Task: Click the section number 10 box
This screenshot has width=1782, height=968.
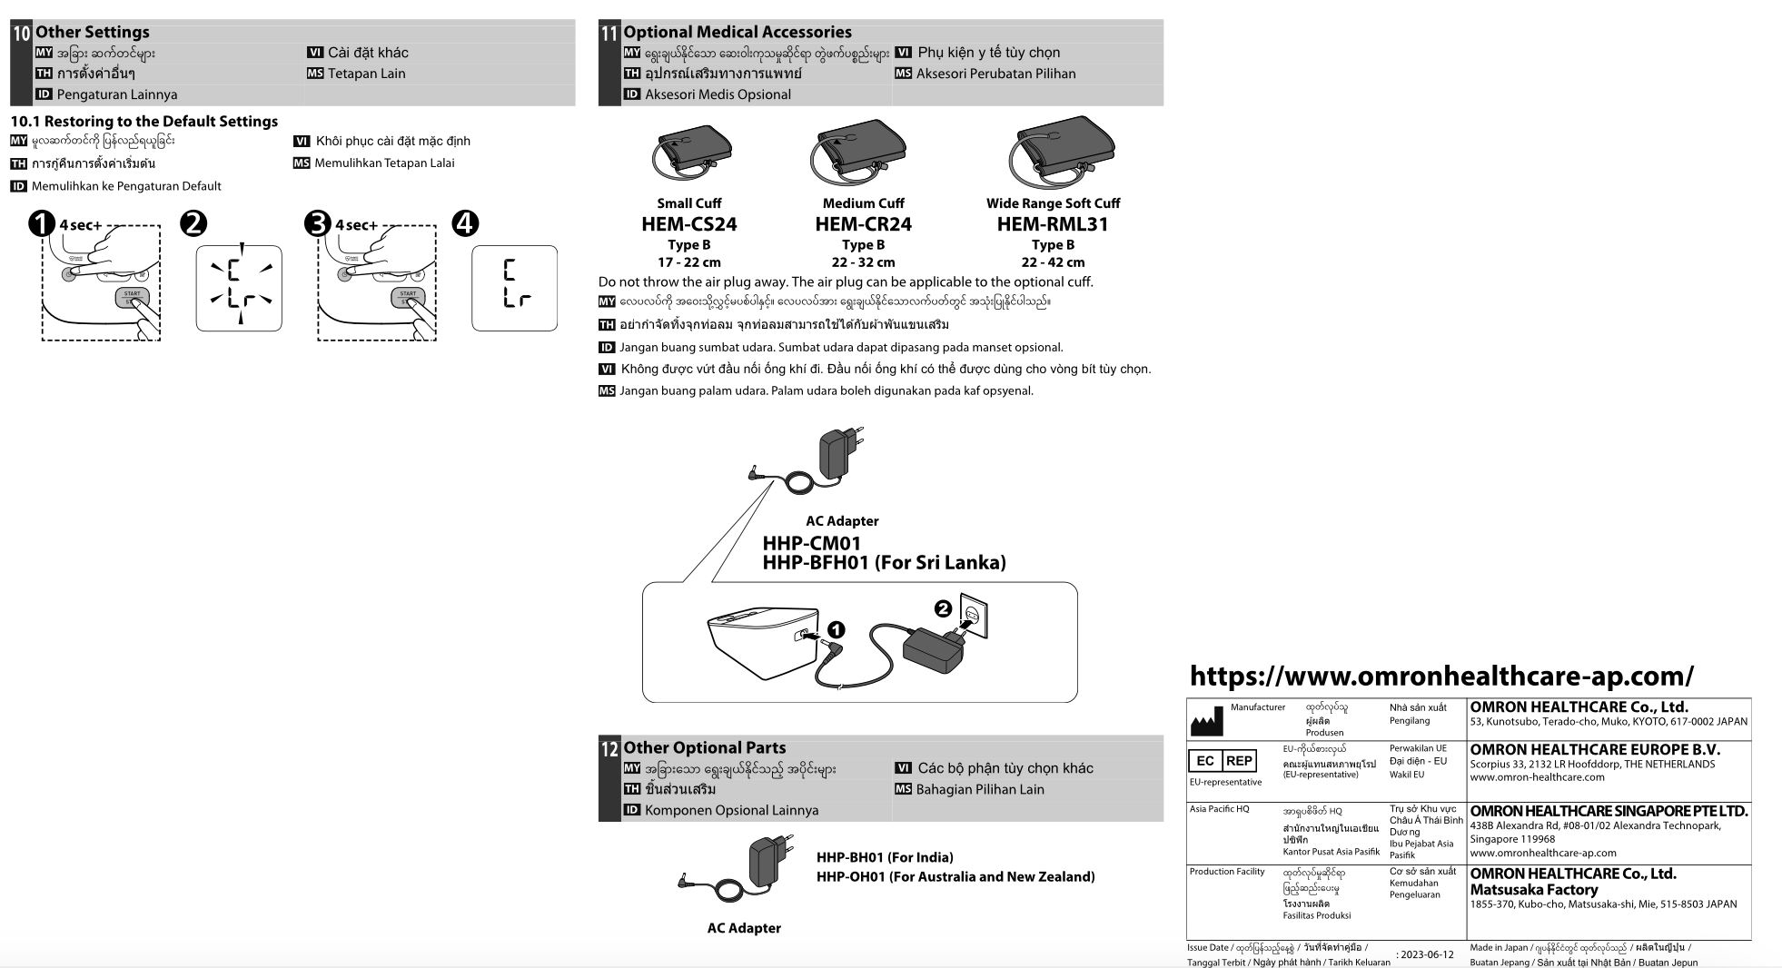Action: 21,34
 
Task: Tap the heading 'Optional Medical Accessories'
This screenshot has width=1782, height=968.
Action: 737,32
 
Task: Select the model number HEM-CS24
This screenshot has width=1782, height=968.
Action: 688,224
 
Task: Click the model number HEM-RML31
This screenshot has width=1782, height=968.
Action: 1052,224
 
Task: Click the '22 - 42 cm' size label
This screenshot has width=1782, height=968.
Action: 1052,262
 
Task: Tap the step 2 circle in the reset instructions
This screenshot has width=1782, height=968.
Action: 193,223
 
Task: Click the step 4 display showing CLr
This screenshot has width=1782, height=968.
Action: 514,288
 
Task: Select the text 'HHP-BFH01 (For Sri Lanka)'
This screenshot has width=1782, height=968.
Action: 884,563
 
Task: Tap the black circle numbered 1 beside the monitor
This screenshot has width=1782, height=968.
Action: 836,629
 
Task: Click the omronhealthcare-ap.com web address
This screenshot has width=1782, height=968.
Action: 1441,676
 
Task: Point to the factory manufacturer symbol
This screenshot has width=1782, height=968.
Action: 1206,721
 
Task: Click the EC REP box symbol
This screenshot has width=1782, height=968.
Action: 1223,761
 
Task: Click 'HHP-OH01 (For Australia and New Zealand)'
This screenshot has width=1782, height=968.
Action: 955,876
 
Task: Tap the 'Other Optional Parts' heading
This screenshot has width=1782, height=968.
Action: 704,747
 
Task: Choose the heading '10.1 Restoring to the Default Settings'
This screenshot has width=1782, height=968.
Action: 144,121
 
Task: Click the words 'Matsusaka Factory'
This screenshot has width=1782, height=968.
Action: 1533,890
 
